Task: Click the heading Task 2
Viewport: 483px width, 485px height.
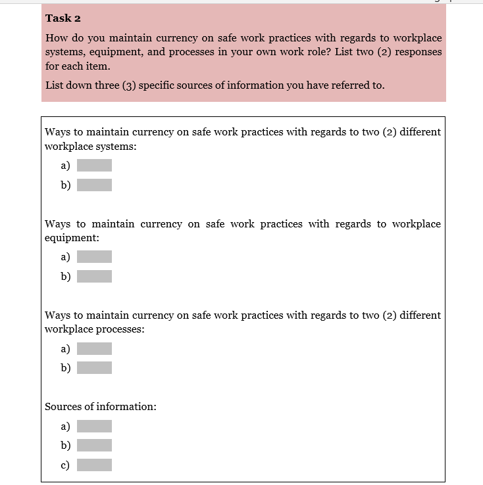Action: [x=63, y=18]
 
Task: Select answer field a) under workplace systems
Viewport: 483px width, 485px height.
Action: [x=94, y=166]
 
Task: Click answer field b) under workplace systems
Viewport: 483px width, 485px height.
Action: [x=94, y=185]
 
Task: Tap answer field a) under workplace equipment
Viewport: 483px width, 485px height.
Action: [x=94, y=257]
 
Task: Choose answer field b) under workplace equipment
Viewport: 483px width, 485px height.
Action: [x=94, y=277]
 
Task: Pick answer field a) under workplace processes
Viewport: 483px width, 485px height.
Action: [x=94, y=348]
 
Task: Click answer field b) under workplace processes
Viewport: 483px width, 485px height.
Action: [x=94, y=368]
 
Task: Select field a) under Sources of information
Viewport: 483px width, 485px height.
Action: [x=94, y=427]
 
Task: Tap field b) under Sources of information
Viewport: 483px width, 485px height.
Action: [x=94, y=446]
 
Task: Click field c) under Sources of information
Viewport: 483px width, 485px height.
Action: [x=94, y=465]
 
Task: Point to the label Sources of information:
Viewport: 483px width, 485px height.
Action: [x=100, y=407]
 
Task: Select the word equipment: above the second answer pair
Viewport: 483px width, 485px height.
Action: [x=72, y=239]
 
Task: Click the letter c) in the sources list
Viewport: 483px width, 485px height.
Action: [x=65, y=465]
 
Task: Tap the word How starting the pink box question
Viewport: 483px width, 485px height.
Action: [x=56, y=38]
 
